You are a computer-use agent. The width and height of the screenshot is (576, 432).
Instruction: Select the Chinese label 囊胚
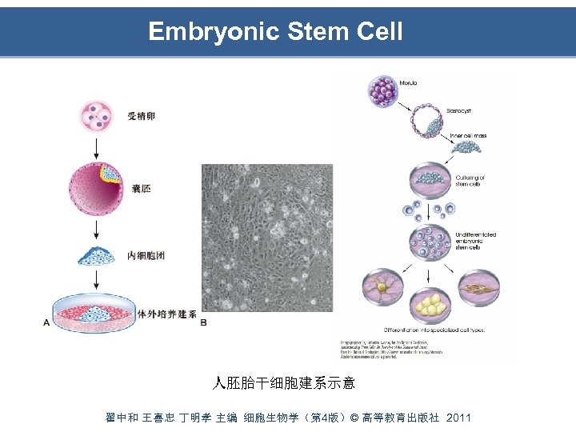pyautogui.click(x=141, y=189)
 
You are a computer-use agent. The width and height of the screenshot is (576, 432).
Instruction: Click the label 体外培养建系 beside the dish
pyautogui.click(x=167, y=314)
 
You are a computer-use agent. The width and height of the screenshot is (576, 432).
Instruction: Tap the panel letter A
pyautogui.click(x=46, y=322)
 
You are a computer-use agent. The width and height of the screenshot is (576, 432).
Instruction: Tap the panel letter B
pyautogui.click(x=203, y=322)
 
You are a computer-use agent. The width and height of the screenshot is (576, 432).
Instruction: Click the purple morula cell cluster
pyautogui.click(x=385, y=90)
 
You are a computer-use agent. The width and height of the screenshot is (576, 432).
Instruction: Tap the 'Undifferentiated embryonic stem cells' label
pyautogui.click(x=475, y=241)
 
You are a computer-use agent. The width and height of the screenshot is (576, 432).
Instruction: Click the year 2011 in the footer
pyautogui.click(x=458, y=418)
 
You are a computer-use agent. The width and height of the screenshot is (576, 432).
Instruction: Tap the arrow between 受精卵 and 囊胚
pyautogui.click(x=97, y=148)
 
